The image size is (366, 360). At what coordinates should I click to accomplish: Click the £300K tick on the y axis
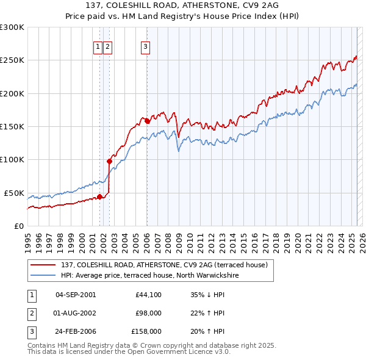(12, 27)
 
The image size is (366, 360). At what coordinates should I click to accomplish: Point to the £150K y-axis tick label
(12, 126)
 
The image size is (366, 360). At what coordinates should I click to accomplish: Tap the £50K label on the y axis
(15, 193)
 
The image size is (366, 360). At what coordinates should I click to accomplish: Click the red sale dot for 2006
(147, 121)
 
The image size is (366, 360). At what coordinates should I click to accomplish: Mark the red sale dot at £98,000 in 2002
(109, 161)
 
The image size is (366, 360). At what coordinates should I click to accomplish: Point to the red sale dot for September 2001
(99, 196)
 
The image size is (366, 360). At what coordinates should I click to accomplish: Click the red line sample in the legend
(43, 265)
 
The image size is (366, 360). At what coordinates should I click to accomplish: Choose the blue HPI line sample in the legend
(43, 276)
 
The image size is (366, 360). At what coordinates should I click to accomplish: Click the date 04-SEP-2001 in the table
(76, 295)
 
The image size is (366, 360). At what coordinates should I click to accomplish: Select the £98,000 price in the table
(149, 313)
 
